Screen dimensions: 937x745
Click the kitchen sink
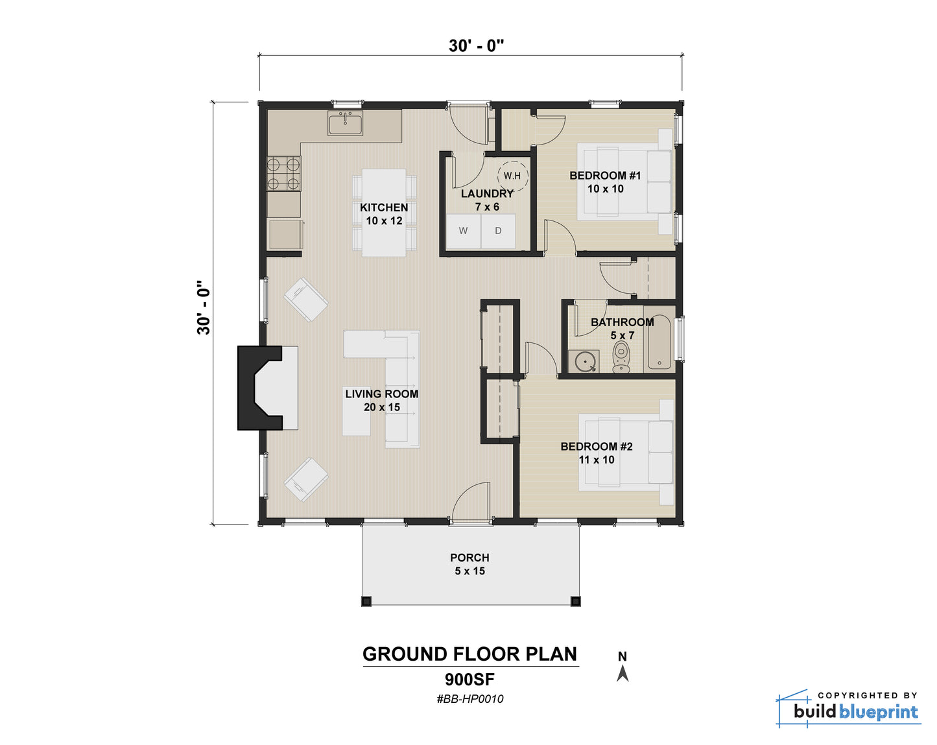pyautogui.click(x=345, y=123)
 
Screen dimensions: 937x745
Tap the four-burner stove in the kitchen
pyautogui.click(x=283, y=174)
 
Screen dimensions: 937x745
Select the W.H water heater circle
pyautogui.click(x=512, y=176)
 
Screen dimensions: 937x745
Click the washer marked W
pyautogui.click(x=463, y=231)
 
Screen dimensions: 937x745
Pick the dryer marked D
pyautogui.click(x=498, y=231)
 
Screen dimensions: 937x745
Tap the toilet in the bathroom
pyautogui.click(x=621, y=357)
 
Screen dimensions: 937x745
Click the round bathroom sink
pyautogui.click(x=584, y=361)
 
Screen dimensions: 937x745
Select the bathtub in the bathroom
pyautogui.click(x=659, y=342)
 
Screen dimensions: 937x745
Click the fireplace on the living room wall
pyautogui.click(x=267, y=388)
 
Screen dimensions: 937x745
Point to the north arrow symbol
pyautogui.click(x=623, y=674)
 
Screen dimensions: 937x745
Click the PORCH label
pyautogui.click(x=469, y=558)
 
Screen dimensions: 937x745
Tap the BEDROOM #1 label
pyautogui.click(x=605, y=176)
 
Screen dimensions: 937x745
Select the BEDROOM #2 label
pyautogui.click(x=597, y=446)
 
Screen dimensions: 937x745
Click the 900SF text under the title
pyautogui.click(x=470, y=679)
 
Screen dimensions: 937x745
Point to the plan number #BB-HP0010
pyautogui.click(x=470, y=699)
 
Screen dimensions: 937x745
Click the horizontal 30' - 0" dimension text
pyautogui.click(x=477, y=45)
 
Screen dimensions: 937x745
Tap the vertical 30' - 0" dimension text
pyautogui.click(x=204, y=307)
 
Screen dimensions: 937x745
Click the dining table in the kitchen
pyautogui.click(x=384, y=213)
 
